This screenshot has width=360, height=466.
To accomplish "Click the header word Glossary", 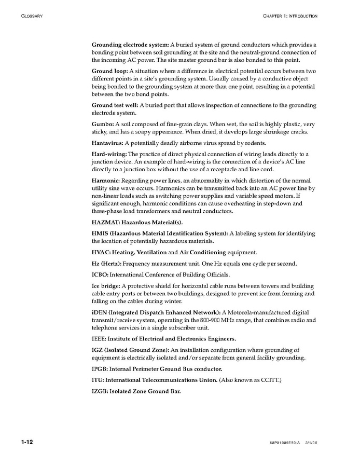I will click(32, 16).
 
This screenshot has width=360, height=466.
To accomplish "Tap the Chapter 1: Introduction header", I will click(290, 16).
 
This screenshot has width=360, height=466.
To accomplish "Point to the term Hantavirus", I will click(107, 143).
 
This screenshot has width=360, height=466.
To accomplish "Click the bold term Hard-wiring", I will click(109, 154).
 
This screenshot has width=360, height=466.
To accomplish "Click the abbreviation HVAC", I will click(101, 252).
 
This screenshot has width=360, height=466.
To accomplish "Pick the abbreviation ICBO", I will click(100, 275).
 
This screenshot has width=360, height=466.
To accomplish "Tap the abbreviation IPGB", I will click(100, 369).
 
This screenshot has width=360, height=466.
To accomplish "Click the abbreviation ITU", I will click(98, 380).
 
